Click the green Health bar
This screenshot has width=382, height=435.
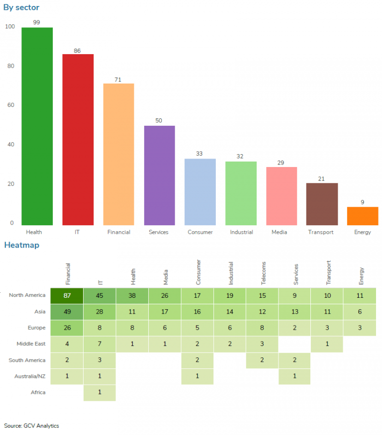[37, 126]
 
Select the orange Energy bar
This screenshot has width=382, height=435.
[363, 216]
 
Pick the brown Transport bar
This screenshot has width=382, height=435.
[322, 204]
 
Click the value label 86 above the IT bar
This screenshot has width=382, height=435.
[77, 51]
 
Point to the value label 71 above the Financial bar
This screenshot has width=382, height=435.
[118, 80]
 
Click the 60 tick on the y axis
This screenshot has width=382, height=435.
[10, 105]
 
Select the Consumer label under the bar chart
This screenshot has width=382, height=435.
[200, 232]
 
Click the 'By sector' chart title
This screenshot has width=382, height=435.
[21, 7]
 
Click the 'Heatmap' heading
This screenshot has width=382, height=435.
[21, 245]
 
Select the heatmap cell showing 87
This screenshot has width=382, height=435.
[67, 295]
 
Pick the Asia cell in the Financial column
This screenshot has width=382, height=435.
[67, 312]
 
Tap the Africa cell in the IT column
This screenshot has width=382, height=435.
[99, 392]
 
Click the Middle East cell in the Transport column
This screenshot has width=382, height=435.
[327, 344]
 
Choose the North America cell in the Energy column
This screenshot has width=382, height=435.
[359, 295]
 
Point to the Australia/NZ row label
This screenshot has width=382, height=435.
[28, 376]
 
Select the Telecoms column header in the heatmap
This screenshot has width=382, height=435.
[263, 273]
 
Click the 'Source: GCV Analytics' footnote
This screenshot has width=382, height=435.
[31, 426]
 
